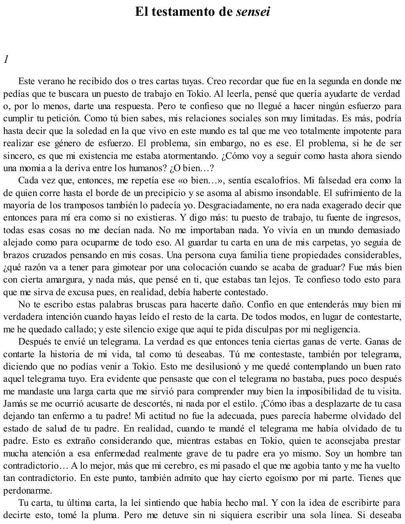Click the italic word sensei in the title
tap(253, 11)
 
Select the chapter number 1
tap(6, 60)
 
